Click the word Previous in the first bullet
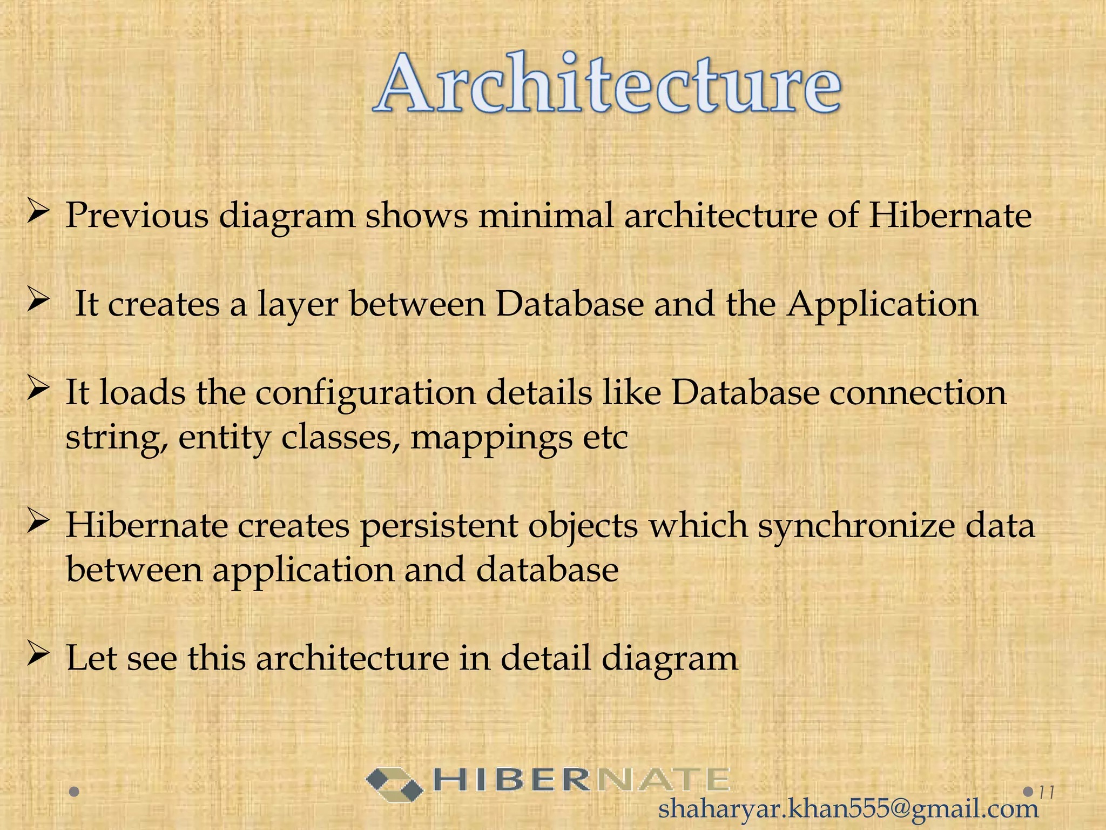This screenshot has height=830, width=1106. pyautogui.click(x=137, y=216)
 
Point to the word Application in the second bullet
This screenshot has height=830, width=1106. pyautogui.click(x=882, y=304)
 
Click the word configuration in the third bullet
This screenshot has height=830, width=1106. pyautogui.click(x=365, y=393)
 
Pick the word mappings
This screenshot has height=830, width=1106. pyautogui.click(x=491, y=438)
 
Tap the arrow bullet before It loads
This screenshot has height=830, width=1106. pyautogui.click(x=38, y=389)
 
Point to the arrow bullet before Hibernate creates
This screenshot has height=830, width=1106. pyautogui.click(x=38, y=521)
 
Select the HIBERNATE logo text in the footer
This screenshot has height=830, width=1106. pyautogui.click(x=581, y=780)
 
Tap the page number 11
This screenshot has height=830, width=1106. pyautogui.click(x=1047, y=793)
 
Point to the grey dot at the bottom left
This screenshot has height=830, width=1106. pyautogui.click(x=75, y=793)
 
